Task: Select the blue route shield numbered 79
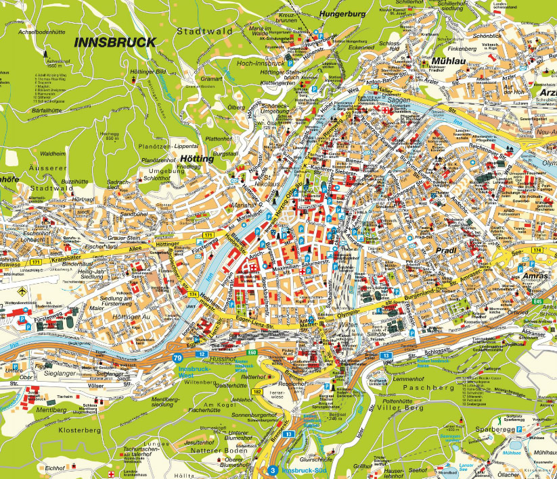(x=177, y=357)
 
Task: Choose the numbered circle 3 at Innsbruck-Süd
(x=272, y=470)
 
